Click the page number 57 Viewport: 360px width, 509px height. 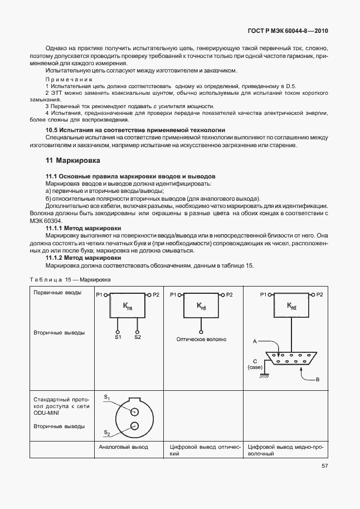[x=324, y=467]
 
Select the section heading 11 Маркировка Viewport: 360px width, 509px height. [x=72, y=161]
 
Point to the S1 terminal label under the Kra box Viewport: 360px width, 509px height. [x=118, y=337]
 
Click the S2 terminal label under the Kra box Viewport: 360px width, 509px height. [x=137, y=337]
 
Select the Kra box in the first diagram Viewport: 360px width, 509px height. [x=128, y=306]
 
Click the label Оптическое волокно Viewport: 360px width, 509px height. [x=201, y=338]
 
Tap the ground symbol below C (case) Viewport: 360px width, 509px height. [x=264, y=375]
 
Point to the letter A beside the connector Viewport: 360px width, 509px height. [x=255, y=340]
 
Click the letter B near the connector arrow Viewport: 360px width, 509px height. [x=317, y=380]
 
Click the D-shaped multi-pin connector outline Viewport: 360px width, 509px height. [x=291, y=360]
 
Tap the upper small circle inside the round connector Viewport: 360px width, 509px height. [x=134, y=411]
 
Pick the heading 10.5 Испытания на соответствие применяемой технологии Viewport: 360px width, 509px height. [x=135, y=129]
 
